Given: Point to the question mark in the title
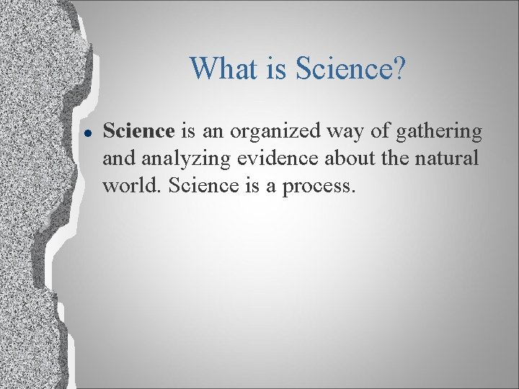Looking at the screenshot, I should click(399, 69).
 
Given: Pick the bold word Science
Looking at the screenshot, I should click(139, 131).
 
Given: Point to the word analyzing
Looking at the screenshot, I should click(185, 159).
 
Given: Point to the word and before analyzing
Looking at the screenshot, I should click(117, 159).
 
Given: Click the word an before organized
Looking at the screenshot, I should click(212, 133).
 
